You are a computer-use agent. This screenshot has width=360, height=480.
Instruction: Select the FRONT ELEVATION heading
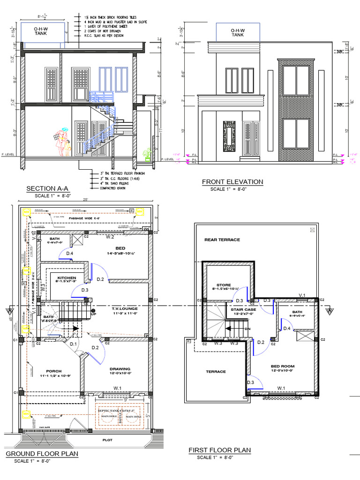pos(232,182)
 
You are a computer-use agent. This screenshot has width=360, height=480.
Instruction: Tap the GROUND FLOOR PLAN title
pos(42,454)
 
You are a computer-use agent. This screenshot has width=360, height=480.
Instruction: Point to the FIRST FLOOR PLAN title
pos(219,450)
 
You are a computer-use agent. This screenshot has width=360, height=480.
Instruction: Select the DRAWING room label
pos(120,368)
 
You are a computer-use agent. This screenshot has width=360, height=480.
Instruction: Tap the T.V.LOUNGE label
pos(124,308)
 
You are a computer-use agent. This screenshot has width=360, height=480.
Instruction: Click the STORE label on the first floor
pos(224,285)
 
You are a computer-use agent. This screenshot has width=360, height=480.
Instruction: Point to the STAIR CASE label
pos(243,309)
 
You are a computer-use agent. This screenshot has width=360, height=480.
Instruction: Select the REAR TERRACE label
pos(222,240)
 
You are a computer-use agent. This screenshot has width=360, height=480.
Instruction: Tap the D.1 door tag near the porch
pos(73,345)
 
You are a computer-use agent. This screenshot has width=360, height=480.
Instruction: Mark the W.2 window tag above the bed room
pos(110,237)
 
